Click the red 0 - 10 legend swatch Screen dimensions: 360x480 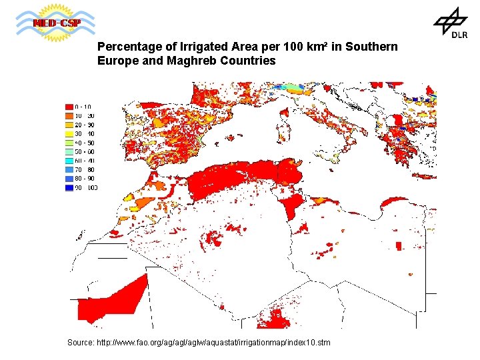click(x=69, y=107)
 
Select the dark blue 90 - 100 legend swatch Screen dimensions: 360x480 click(x=69, y=188)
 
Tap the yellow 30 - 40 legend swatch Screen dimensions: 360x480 click(x=69, y=134)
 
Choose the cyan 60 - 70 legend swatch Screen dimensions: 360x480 click(x=69, y=161)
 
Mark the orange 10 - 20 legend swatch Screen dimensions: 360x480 click(x=69, y=116)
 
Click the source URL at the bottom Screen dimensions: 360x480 click(x=213, y=343)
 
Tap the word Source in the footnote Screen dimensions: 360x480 click(x=81, y=343)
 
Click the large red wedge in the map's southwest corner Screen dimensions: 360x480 click(x=113, y=299)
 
